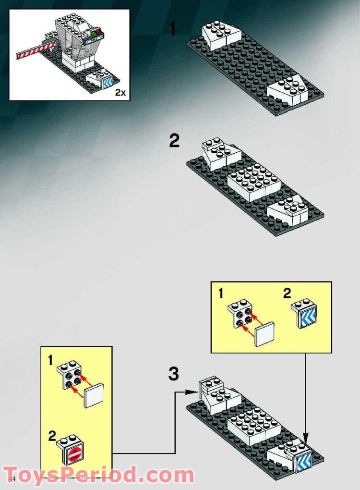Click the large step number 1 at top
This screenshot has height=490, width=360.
click(173, 29)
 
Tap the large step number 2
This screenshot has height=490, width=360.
click(174, 141)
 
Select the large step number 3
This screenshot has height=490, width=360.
click(174, 374)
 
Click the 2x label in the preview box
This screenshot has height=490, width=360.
click(120, 93)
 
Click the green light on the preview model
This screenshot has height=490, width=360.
click(93, 35)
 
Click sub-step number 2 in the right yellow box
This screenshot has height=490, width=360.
click(287, 294)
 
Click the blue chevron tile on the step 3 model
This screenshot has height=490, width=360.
click(304, 460)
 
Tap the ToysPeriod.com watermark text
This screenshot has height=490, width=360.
click(98, 475)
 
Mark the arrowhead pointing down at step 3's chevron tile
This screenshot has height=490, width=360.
click(306, 438)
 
